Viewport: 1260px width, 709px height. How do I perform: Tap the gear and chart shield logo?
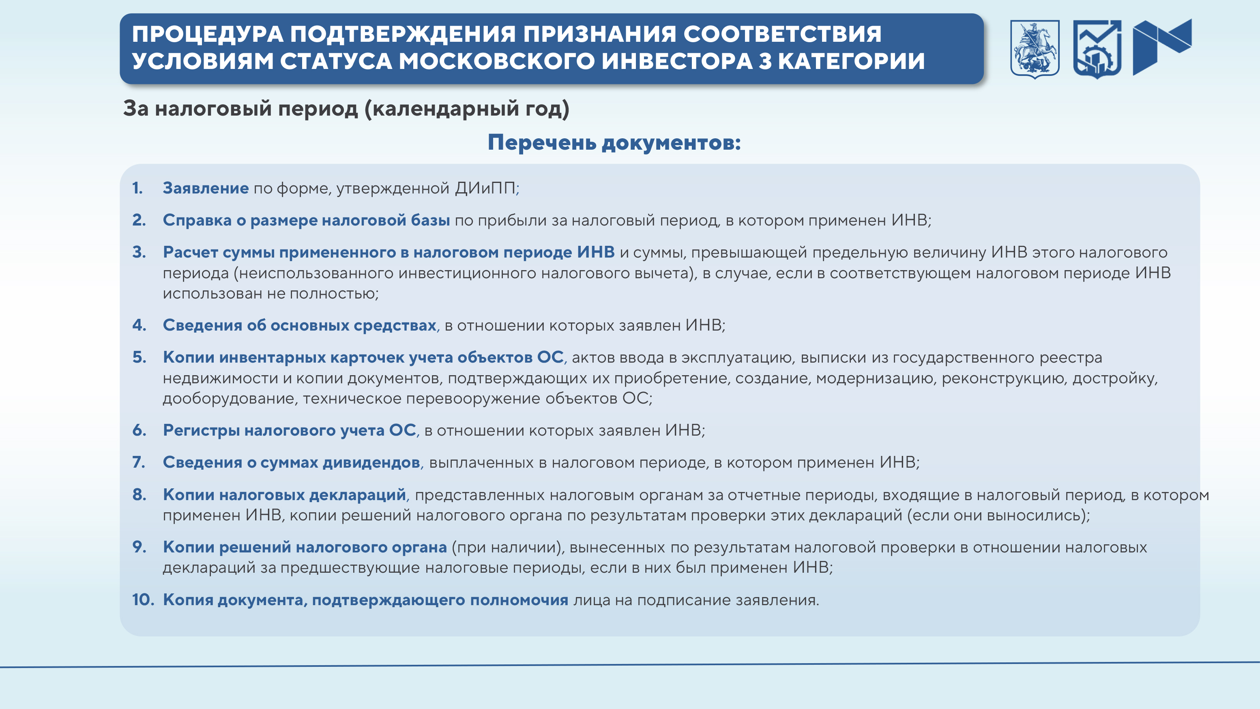coord(1097,49)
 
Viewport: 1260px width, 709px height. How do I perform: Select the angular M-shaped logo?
coord(1162,47)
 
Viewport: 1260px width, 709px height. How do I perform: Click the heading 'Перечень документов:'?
coord(614,142)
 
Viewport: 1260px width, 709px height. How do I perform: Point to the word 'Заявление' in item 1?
coord(206,188)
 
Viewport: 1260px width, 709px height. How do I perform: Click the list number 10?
coord(143,599)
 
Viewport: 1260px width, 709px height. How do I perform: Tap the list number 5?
coord(140,357)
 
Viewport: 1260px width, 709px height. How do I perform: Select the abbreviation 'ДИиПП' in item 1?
coord(485,188)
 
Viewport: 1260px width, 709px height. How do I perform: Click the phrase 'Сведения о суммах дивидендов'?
coord(292,462)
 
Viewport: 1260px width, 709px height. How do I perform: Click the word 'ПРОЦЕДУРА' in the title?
coord(207,34)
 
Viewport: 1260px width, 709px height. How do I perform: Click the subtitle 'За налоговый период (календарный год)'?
coord(346,108)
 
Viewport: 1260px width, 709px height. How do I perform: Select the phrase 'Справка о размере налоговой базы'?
coord(306,221)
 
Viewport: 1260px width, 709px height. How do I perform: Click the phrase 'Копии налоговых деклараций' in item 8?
coord(284,495)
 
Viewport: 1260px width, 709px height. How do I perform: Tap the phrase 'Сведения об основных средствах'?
coord(299,325)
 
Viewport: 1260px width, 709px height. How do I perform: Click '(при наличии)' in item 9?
coord(506,548)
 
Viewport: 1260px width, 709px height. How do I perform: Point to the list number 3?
coord(140,252)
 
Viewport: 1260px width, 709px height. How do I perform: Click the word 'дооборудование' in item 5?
coord(228,399)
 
